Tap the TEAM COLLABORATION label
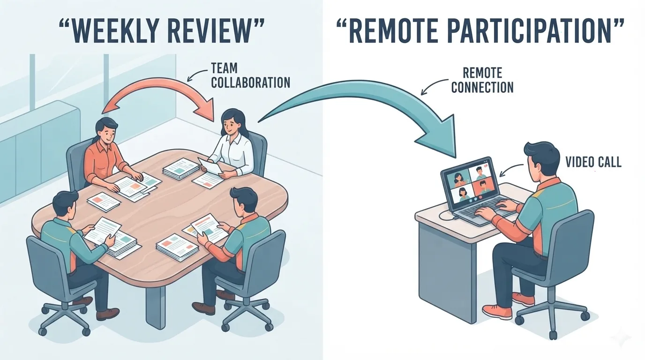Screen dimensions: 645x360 (250, 75)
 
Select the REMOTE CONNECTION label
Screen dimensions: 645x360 (482, 80)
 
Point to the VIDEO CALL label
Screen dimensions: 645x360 (593, 162)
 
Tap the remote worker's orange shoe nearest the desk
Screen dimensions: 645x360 (497, 311)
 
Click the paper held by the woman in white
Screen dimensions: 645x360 (210, 165)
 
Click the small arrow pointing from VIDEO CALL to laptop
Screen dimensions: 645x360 (510, 169)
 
